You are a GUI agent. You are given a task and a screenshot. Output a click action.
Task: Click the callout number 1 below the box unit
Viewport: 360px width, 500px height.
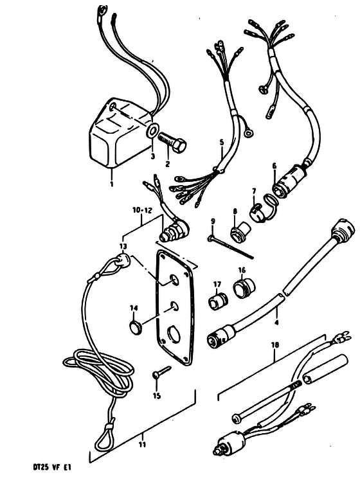[x=111, y=184]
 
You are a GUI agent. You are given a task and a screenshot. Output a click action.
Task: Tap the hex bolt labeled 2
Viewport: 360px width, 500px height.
[x=172, y=145]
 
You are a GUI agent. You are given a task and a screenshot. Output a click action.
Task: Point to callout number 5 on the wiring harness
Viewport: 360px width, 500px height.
[x=222, y=142]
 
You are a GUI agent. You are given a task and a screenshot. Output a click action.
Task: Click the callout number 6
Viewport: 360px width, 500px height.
[x=274, y=166]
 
